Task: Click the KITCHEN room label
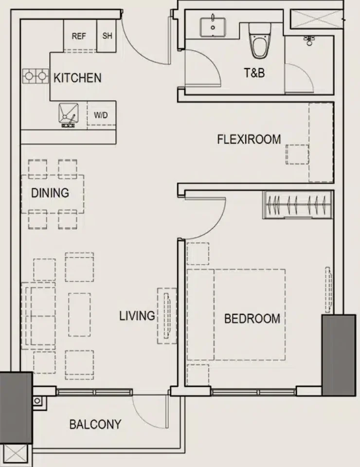tap(77, 78)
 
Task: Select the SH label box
tap(107, 36)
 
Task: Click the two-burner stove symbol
tap(36, 76)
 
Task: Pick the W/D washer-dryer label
tap(101, 115)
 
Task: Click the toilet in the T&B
tap(260, 41)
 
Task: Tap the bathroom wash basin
tap(213, 27)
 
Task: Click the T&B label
tap(254, 72)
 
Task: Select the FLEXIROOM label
tap(249, 140)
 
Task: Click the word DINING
tap(50, 193)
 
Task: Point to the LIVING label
tap(137, 316)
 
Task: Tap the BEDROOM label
tap(252, 319)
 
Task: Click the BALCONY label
tap(95, 424)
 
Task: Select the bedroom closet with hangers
tap(297, 205)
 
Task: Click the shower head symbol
tap(310, 40)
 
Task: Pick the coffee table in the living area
tap(79, 315)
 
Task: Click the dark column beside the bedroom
tap(339, 355)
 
